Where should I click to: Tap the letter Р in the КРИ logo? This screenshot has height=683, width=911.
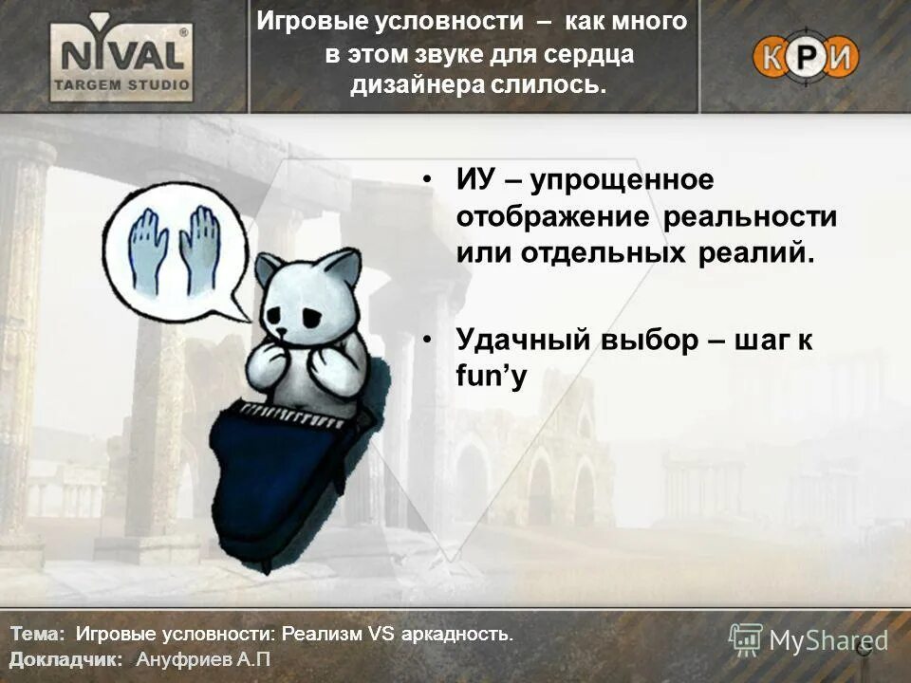(806, 57)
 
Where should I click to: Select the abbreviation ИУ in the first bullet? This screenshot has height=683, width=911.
(476, 179)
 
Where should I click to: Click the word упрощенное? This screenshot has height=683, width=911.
(621, 179)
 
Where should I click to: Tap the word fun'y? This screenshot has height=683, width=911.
(491, 376)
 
